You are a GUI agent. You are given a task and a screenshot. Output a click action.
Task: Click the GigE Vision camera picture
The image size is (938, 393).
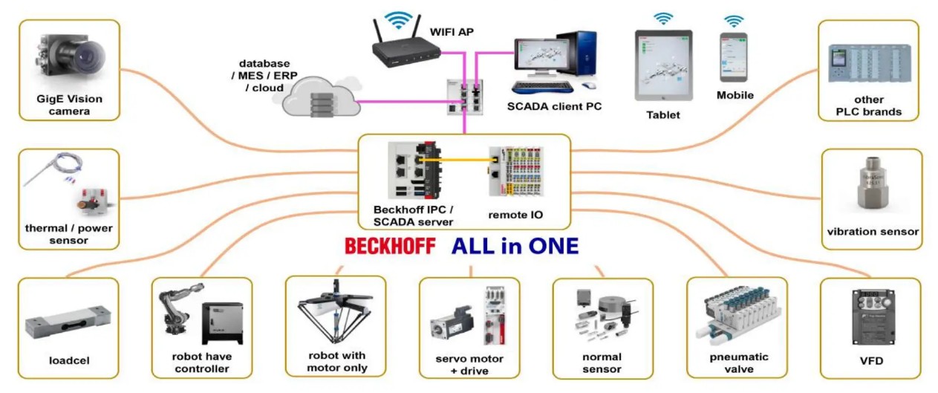(x=68, y=59)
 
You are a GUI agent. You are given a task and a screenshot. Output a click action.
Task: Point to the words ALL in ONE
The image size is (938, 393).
(x=514, y=247)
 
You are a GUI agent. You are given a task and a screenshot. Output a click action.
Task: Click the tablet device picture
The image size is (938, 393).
(x=663, y=65)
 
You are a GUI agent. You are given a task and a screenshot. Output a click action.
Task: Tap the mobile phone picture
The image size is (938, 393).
(x=732, y=57)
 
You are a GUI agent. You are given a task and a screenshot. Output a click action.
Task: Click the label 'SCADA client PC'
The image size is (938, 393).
(x=554, y=106)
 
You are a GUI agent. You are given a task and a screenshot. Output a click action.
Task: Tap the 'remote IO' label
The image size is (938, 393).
(x=515, y=215)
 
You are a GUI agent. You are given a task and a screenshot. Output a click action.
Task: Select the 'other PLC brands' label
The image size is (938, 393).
(x=868, y=105)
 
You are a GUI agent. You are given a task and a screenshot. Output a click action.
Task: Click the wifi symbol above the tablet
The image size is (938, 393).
(x=663, y=17)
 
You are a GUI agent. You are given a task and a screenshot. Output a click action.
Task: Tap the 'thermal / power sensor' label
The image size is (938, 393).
(x=69, y=234)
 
